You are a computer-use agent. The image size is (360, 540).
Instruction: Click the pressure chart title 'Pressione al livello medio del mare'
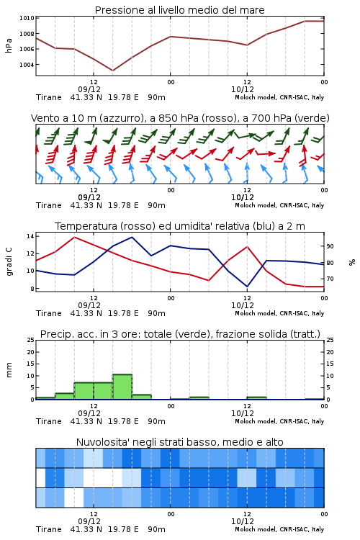(x=179, y=10)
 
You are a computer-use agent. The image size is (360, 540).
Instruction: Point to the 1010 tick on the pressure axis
(x=27, y=18)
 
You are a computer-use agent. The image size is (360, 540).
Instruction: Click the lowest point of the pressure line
(x=112, y=71)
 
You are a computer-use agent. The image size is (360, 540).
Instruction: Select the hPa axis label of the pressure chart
(x=9, y=45)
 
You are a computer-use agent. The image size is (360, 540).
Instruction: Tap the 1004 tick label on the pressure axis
(x=27, y=65)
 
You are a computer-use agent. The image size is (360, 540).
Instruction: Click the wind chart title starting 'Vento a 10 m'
(x=180, y=118)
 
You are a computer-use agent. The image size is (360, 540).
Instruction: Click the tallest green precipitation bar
(x=122, y=387)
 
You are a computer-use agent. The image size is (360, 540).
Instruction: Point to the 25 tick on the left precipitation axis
(x=31, y=340)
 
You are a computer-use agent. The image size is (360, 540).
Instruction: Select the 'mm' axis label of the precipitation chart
(x=9, y=370)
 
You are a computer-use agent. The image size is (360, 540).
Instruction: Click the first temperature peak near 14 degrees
(x=75, y=237)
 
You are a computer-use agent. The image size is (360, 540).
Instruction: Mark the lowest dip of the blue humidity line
(x=247, y=287)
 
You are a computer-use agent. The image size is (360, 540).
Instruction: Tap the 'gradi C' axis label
(x=9, y=262)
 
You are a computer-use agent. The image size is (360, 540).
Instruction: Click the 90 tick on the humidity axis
(x=330, y=246)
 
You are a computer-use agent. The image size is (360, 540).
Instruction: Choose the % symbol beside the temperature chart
(x=352, y=262)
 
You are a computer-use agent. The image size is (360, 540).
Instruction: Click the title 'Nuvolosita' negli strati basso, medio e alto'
(x=179, y=442)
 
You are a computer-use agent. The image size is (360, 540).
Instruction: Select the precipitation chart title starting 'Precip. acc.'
(x=180, y=334)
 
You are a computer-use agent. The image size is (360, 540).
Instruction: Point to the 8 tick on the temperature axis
(x=32, y=289)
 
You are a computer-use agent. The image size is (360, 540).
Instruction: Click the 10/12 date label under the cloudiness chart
(x=242, y=521)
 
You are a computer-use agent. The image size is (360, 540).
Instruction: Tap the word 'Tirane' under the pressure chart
(x=48, y=97)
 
